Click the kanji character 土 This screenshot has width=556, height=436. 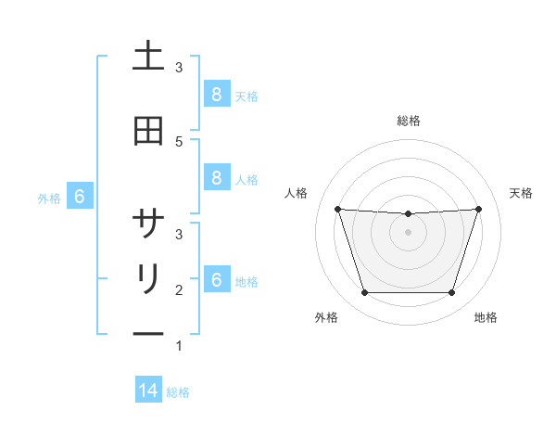click(148, 58)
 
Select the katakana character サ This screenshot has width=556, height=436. click(148, 224)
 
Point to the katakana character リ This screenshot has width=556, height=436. click(148, 279)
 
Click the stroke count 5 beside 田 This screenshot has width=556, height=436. click(179, 141)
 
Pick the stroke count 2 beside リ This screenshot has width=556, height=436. click(179, 290)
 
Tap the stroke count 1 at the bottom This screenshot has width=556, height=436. click(179, 346)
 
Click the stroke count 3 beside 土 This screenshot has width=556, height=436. click(179, 68)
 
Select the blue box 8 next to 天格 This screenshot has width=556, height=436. click(215, 95)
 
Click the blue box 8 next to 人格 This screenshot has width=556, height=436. click(215, 178)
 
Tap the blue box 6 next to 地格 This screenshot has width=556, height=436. click(215, 280)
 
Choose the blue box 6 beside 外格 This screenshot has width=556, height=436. click(79, 197)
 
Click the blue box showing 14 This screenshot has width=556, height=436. click(148, 391)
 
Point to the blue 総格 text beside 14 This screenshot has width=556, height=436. click(178, 392)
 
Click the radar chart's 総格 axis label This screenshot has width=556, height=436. click(408, 122)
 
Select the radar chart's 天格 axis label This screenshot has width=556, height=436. click(521, 193)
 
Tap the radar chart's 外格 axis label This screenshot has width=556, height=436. click(326, 317)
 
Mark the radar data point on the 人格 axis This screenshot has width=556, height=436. click(337, 209)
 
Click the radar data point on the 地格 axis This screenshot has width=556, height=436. click(451, 293)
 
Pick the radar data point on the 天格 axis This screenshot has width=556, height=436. click(478, 209)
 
